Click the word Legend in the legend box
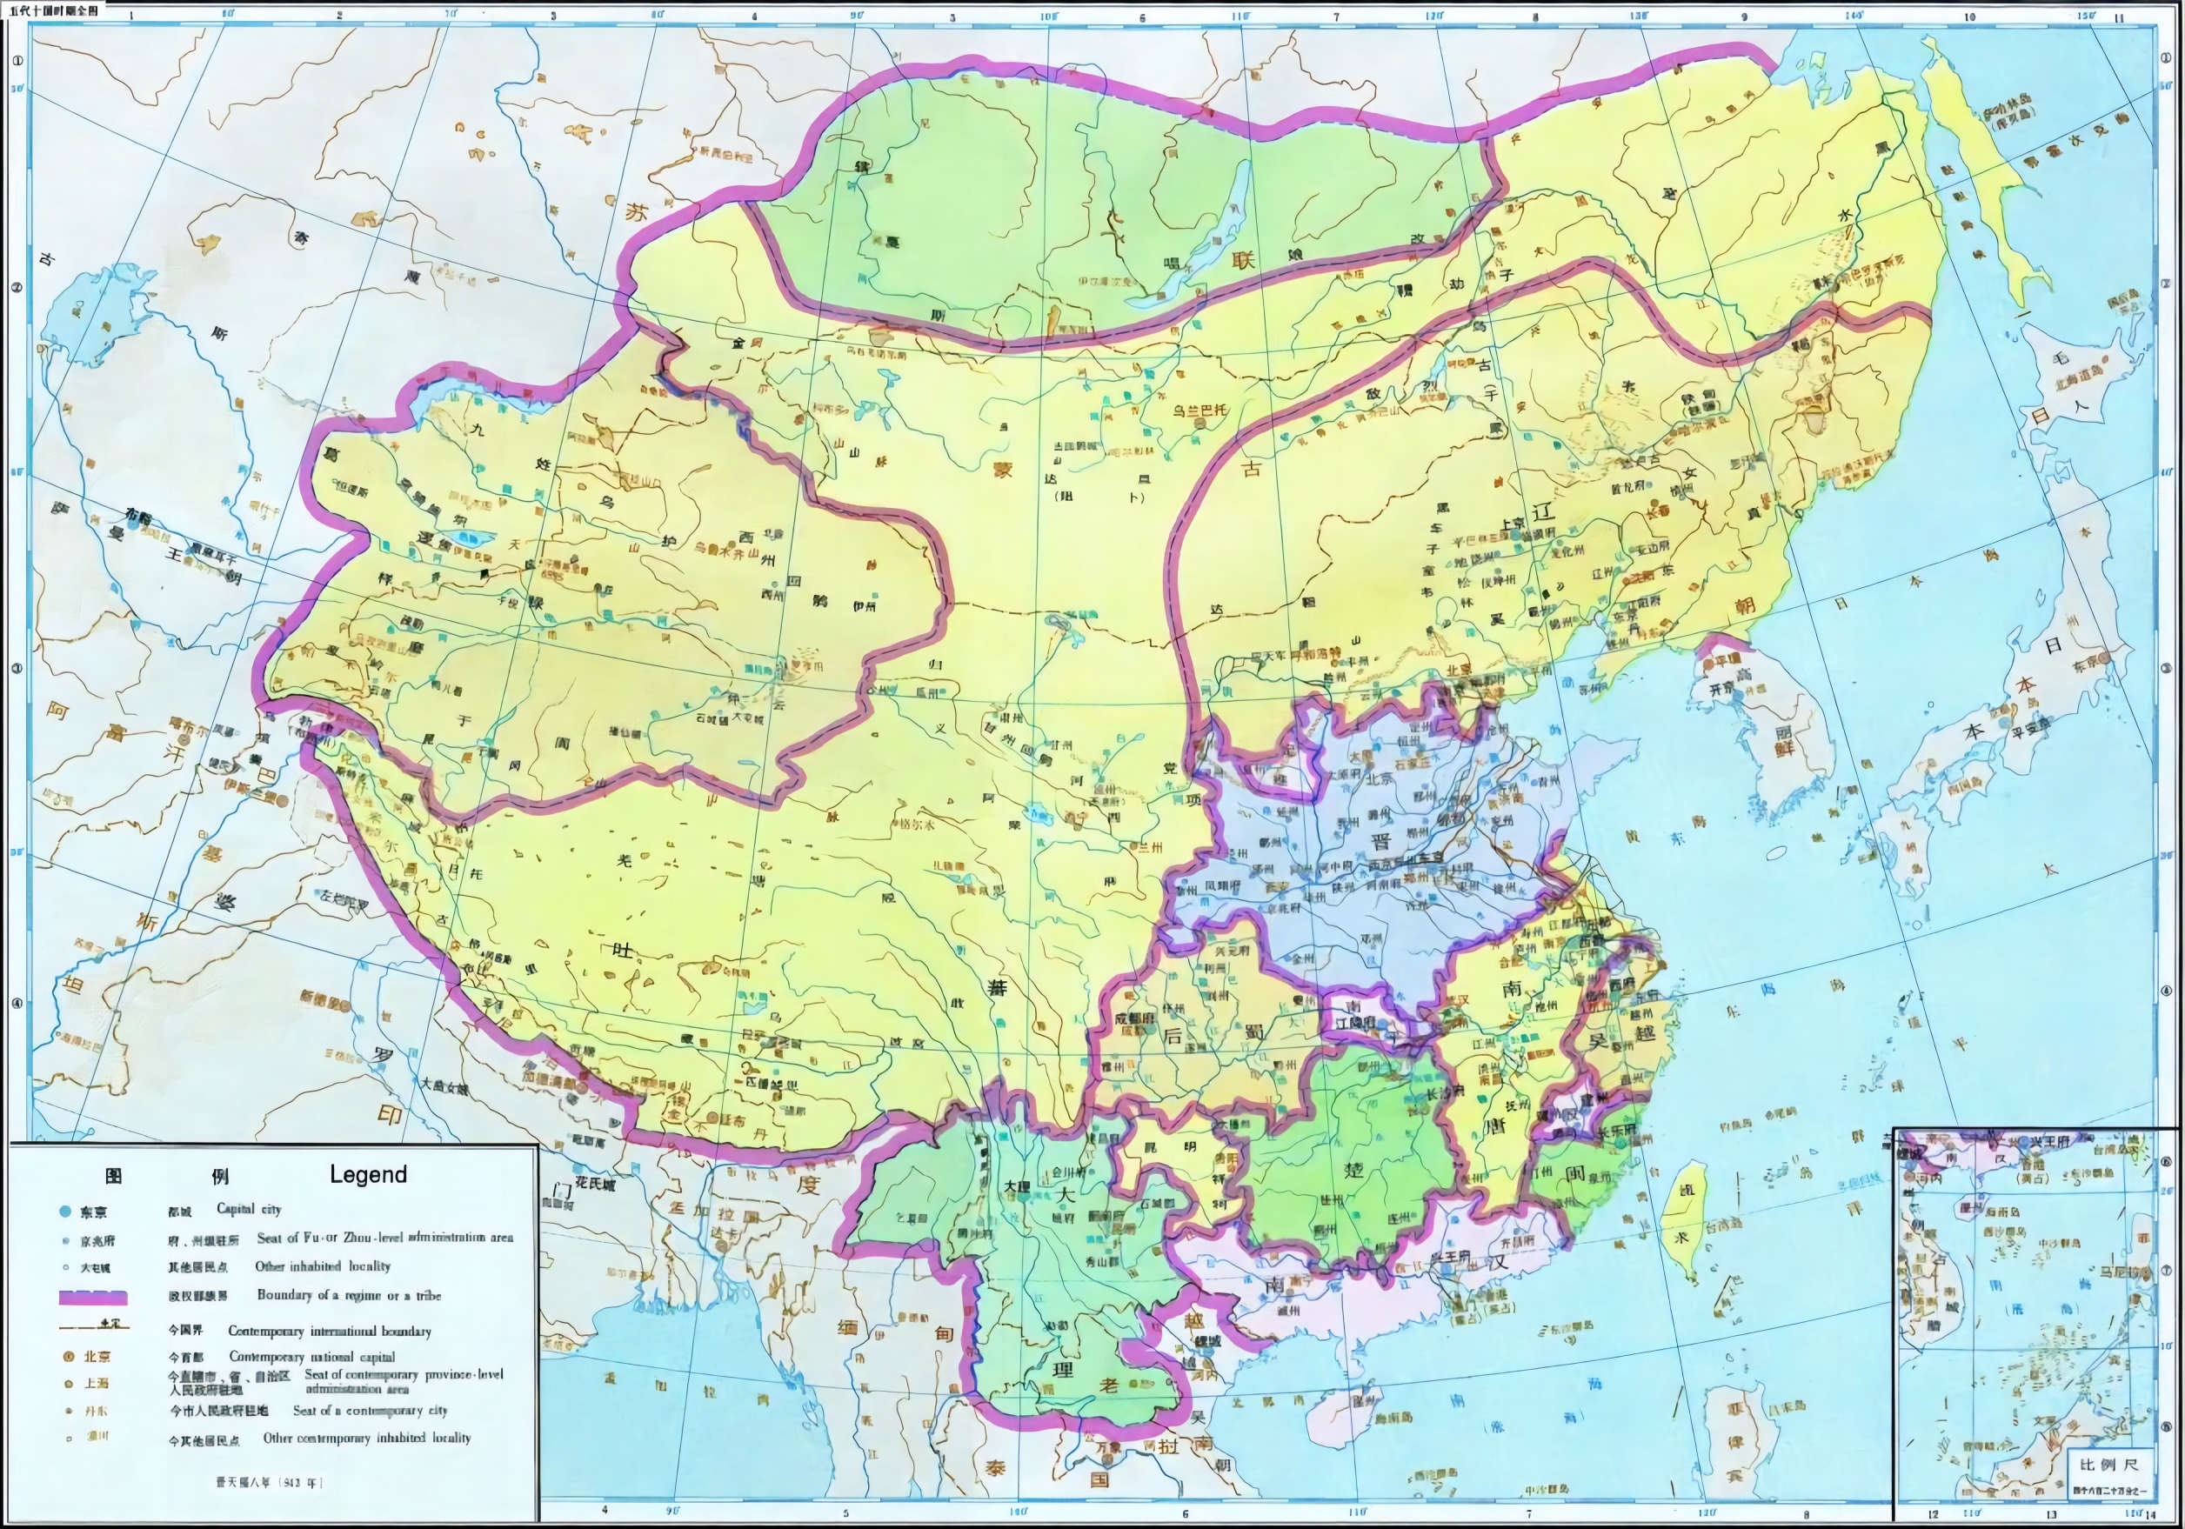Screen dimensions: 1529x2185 367,1174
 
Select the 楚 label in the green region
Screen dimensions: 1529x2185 1353,1169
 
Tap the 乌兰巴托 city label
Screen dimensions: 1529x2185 1199,410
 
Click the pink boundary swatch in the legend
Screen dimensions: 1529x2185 92,1297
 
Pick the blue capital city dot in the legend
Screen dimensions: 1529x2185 64,1212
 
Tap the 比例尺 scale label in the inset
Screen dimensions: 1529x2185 2108,1465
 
